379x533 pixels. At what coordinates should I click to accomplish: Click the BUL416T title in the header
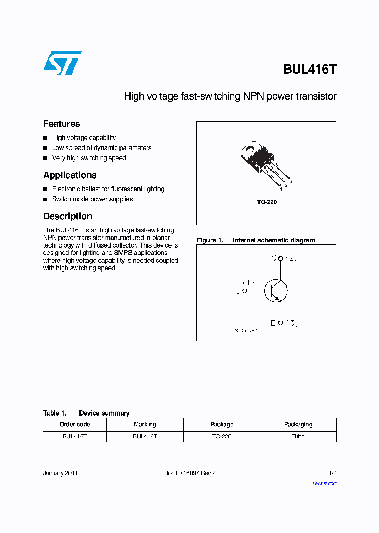coord(310,70)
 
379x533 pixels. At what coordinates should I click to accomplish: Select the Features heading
coord(62,124)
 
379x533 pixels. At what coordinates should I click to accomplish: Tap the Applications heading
coord(70,175)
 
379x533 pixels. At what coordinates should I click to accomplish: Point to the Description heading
coord(67,216)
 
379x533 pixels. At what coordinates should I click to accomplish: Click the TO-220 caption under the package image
coord(267,202)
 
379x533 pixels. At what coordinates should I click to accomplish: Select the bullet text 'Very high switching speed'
coord(89,158)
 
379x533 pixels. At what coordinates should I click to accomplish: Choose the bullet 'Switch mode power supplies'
coord(92,199)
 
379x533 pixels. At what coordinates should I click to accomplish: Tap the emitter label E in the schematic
coord(273,323)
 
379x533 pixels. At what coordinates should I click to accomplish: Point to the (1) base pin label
coord(248,282)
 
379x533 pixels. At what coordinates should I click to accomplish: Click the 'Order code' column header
coord(75,425)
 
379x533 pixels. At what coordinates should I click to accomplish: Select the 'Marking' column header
coord(145,425)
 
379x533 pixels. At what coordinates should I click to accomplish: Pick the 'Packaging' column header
coord(298,425)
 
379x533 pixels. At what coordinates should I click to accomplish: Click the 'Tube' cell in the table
coord(298,437)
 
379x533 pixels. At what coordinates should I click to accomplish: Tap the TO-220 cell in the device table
coord(222,437)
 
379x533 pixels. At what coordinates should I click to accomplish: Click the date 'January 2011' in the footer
coord(61,473)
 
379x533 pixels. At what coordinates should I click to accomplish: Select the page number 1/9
coord(332,473)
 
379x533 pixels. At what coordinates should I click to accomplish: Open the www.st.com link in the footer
coord(325,483)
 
